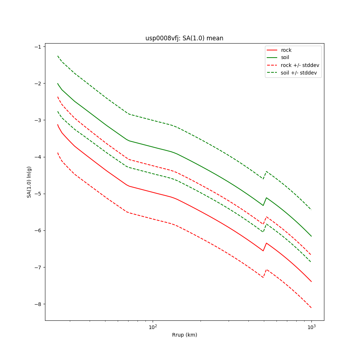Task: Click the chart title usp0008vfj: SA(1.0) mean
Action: click(184, 38)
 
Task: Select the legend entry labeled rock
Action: click(286, 50)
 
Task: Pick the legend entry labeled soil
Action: click(285, 58)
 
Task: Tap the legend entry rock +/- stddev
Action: click(300, 65)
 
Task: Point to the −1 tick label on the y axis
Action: click(38, 46)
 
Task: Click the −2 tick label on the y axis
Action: click(38, 83)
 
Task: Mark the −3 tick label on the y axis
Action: click(38, 120)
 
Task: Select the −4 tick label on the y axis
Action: click(38, 157)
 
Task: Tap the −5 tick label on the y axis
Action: click(38, 194)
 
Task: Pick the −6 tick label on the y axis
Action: click(38, 230)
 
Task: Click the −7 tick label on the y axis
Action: click(38, 267)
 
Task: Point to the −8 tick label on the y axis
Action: click(38, 304)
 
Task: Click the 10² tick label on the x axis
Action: click(153, 327)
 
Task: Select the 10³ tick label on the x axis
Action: click(311, 327)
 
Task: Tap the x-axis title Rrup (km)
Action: click(184, 335)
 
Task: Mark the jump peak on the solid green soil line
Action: click(266, 198)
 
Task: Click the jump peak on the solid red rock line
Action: click(266, 243)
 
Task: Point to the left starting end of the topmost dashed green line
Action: click(58, 56)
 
